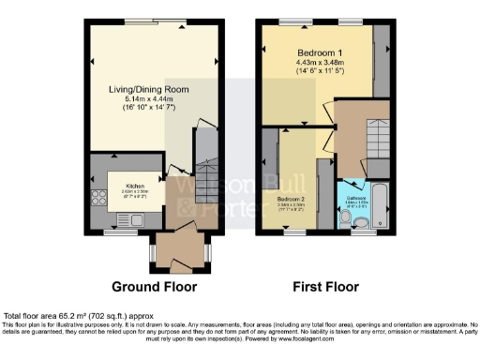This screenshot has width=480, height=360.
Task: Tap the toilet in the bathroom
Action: [348, 217]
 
